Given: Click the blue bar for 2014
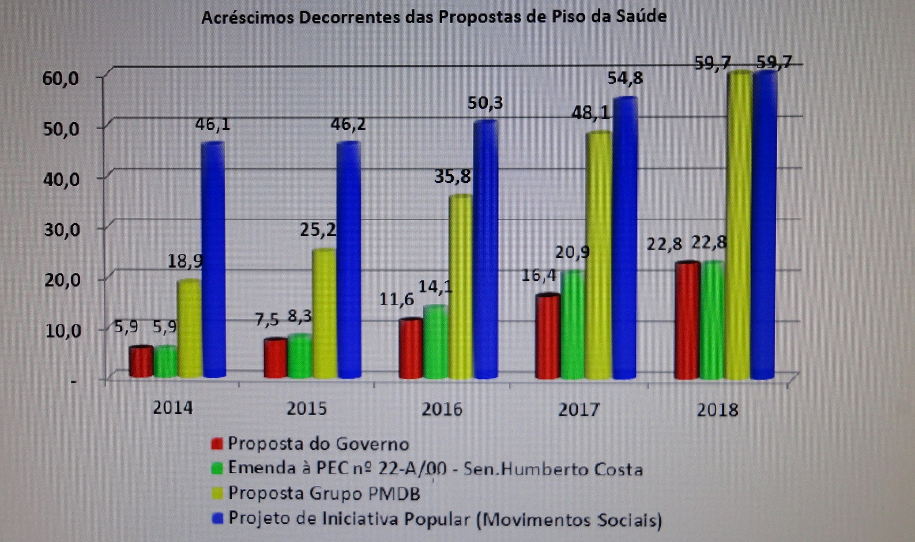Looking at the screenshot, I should (x=213, y=259).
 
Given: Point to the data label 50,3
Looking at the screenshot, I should (x=485, y=103).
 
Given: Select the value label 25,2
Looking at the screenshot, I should (x=318, y=230).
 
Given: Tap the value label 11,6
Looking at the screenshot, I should (x=396, y=299).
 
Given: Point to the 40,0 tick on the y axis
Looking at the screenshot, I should (x=62, y=179).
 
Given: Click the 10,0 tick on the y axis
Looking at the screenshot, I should (x=62, y=331).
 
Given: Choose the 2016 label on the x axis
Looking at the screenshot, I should (x=442, y=409).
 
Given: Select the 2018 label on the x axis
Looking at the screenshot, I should (x=717, y=410).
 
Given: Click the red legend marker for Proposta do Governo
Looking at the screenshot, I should (x=217, y=443).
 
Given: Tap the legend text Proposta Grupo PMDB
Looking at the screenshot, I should (x=323, y=494).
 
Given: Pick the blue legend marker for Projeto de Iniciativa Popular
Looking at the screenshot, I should (x=217, y=518).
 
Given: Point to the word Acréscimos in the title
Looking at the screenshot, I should (x=247, y=18).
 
